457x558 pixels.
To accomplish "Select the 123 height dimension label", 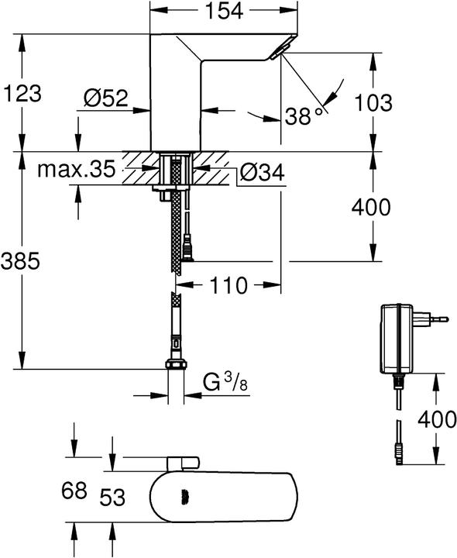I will [23, 94].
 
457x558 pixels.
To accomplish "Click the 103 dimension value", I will [373, 102].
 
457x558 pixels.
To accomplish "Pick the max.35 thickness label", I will [76, 169].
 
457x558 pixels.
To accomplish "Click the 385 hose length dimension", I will [20, 262].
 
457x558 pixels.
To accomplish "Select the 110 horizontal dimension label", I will [228, 285].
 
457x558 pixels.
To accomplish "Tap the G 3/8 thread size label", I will [225, 382].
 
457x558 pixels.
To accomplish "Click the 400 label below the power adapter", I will [436, 419].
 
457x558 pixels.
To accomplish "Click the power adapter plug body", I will [398, 338].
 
